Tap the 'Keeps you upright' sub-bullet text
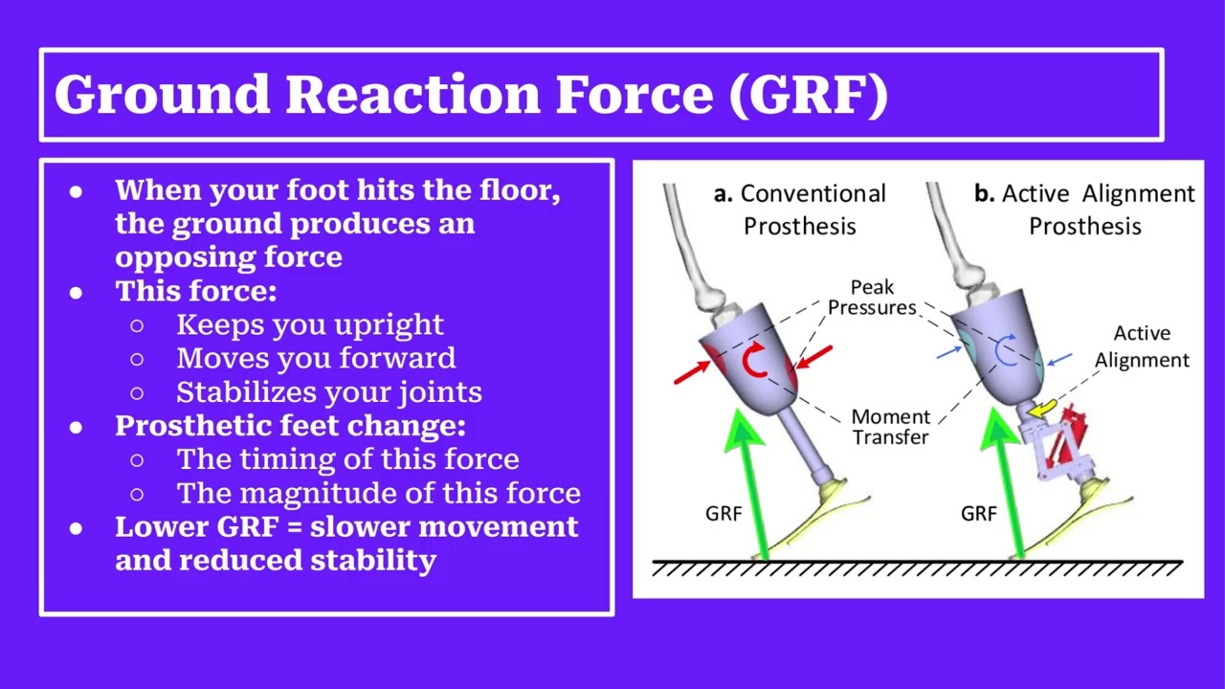310,324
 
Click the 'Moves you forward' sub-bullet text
316,358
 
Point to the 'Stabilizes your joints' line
329,391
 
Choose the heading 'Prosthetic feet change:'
290,425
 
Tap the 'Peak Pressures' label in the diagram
872,297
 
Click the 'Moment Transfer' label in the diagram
890,427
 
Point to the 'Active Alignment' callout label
1142,346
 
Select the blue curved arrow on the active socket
1005,351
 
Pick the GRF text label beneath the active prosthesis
978,514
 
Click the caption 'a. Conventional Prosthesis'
800,210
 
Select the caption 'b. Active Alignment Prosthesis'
1084,210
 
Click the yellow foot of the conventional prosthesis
813,517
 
